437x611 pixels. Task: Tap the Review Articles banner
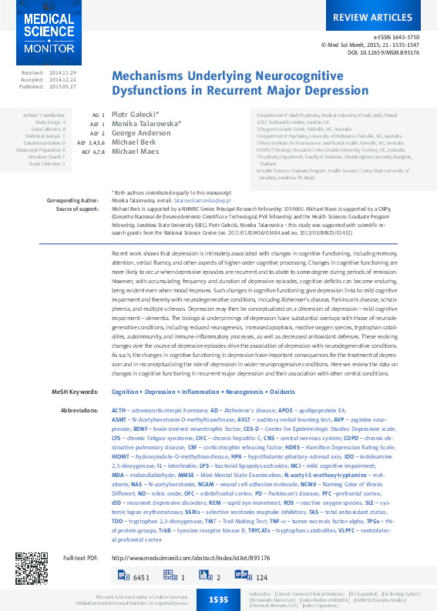pyautogui.click(x=372, y=17)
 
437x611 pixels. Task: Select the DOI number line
pyautogui.click(x=384, y=53)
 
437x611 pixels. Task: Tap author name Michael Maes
pyautogui.click(x=136, y=151)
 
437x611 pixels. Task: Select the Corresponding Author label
pyautogui.click(x=73, y=199)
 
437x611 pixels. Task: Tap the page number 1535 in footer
pyautogui.click(x=218, y=599)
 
